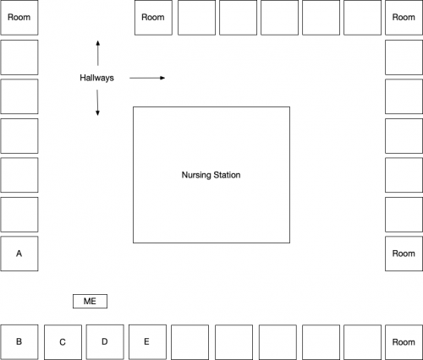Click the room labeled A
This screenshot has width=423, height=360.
click(x=19, y=254)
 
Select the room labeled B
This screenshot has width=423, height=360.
click(x=19, y=342)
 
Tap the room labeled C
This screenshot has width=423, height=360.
click(x=63, y=342)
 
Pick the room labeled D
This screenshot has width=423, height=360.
click(x=105, y=342)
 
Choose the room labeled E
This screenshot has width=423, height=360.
click(x=147, y=342)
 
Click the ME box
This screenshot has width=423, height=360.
click(x=90, y=301)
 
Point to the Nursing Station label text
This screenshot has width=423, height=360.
click(x=211, y=175)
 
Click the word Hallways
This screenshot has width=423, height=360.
click(x=96, y=78)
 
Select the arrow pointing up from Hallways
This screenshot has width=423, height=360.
click(x=98, y=53)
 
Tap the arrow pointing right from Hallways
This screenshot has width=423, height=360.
click(x=147, y=78)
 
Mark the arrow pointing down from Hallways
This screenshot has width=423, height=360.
click(x=97, y=102)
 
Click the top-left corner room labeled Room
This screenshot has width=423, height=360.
click(x=19, y=18)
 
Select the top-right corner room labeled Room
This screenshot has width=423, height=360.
click(x=404, y=18)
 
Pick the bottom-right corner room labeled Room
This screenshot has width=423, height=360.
click(x=404, y=342)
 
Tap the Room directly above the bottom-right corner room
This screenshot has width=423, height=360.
click(x=404, y=254)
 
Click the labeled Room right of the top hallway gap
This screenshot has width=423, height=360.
click(x=153, y=18)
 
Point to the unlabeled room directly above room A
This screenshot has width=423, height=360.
click(x=19, y=215)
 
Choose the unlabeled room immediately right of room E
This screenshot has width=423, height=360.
click(x=190, y=342)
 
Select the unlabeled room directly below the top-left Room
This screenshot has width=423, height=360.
click(x=19, y=57)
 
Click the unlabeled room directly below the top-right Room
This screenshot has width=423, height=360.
click(x=404, y=57)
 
